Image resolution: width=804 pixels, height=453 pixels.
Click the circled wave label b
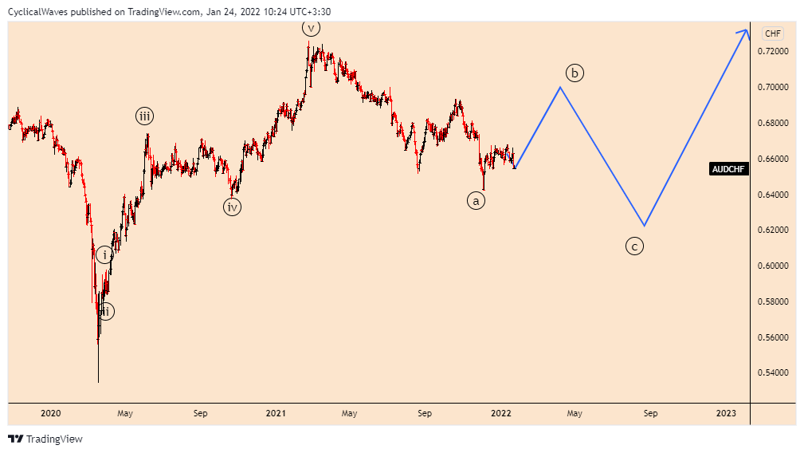[575, 73]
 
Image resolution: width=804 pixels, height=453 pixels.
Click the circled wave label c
[634, 246]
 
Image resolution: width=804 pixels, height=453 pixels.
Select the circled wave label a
[476, 201]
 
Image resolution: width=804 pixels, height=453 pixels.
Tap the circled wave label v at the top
[311, 29]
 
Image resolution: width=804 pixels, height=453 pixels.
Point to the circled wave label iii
[144, 116]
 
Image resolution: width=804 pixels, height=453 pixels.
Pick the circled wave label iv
[232, 207]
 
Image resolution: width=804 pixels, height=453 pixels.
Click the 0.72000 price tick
[774, 51]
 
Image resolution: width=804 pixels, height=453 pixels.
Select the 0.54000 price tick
[774, 373]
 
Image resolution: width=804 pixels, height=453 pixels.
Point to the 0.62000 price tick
[774, 230]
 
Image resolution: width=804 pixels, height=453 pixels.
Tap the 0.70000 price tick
[774, 87]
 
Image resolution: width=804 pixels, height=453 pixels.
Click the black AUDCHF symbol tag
[728, 169]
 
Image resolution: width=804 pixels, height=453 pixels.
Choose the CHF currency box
[773, 33]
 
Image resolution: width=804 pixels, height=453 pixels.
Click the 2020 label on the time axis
[50, 413]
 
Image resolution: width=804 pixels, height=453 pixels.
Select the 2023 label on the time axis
[726, 413]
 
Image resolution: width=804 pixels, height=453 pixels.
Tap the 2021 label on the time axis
[276, 413]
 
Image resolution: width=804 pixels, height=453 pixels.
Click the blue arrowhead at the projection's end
[745, 31]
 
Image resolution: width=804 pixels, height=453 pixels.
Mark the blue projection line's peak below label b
[560, 87]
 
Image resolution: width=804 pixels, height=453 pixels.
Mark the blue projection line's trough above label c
[644, 226]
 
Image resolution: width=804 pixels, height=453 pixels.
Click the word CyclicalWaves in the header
[36, 12]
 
